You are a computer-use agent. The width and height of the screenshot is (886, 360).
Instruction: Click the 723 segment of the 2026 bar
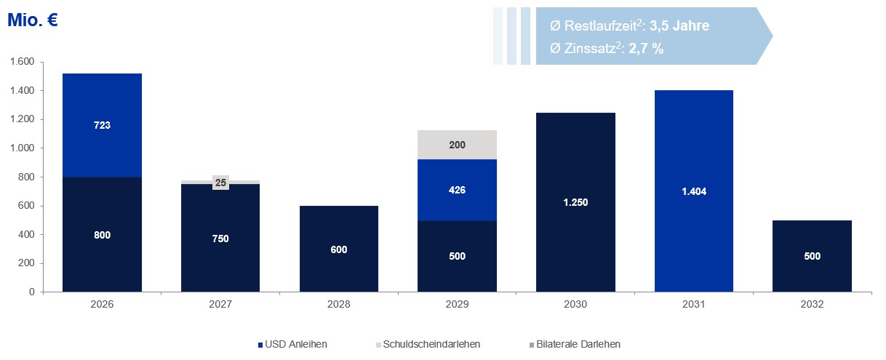102,125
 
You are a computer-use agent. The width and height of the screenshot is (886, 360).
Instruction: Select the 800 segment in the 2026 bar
102,235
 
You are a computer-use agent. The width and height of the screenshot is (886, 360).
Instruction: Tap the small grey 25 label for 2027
220,183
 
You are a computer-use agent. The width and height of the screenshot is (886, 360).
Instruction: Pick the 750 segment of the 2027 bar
220,239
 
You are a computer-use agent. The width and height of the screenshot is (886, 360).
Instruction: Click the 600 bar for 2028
339,249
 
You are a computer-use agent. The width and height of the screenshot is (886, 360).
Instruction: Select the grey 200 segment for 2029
458,145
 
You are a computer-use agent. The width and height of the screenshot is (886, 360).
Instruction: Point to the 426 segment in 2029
458,190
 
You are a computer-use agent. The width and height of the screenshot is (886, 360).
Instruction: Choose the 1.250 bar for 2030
575,202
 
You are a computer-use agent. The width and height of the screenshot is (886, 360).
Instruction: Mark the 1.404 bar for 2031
694,191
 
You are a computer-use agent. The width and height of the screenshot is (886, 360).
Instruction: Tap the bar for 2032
813,256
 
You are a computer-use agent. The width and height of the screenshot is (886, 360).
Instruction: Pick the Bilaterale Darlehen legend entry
575,344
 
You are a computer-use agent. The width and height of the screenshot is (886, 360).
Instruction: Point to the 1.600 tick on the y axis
22,62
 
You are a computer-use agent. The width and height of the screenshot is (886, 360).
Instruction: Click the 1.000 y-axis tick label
22,148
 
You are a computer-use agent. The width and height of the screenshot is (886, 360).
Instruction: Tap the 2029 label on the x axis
458,305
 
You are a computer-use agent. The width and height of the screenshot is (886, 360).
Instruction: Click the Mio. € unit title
32,21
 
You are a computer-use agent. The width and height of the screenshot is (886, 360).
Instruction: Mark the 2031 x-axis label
694,305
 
